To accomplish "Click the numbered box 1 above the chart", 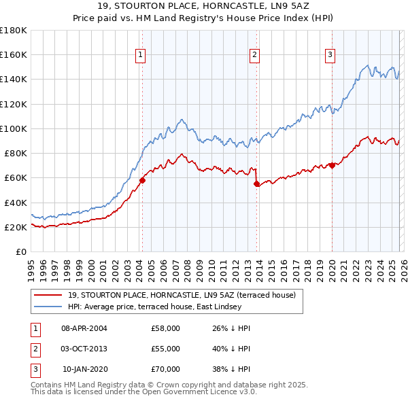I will (x=140, y=55).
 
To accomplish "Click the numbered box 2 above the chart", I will (x=254, y=55).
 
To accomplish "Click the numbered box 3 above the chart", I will (x=330, y=55).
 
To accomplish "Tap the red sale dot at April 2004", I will (x=142, y=180).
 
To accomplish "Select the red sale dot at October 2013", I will (x=256, y=184).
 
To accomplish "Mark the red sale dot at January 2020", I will (x=332, y=165).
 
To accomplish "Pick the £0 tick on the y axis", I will (x=20, y=252).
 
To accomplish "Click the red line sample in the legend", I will (x=48, y=296).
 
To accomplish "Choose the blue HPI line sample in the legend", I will (x=48, y=307).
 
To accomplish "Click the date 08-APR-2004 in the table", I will (x=84, y=328).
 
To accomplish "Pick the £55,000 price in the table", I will (x=165, y=349).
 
